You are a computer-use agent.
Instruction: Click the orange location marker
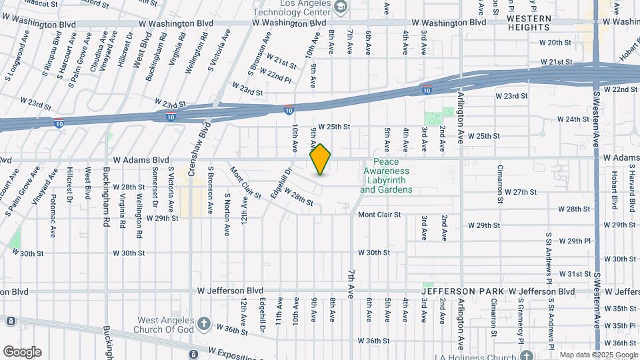(321, 159)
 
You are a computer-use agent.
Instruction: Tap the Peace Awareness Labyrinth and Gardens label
(387, 176)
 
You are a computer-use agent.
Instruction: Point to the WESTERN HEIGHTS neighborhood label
(529, 23)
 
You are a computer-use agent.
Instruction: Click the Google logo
(22, 351)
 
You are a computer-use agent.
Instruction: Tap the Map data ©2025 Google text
(599, 355)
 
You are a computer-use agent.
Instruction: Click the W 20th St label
(555, 43)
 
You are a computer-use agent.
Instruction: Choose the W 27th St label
(520, 192)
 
